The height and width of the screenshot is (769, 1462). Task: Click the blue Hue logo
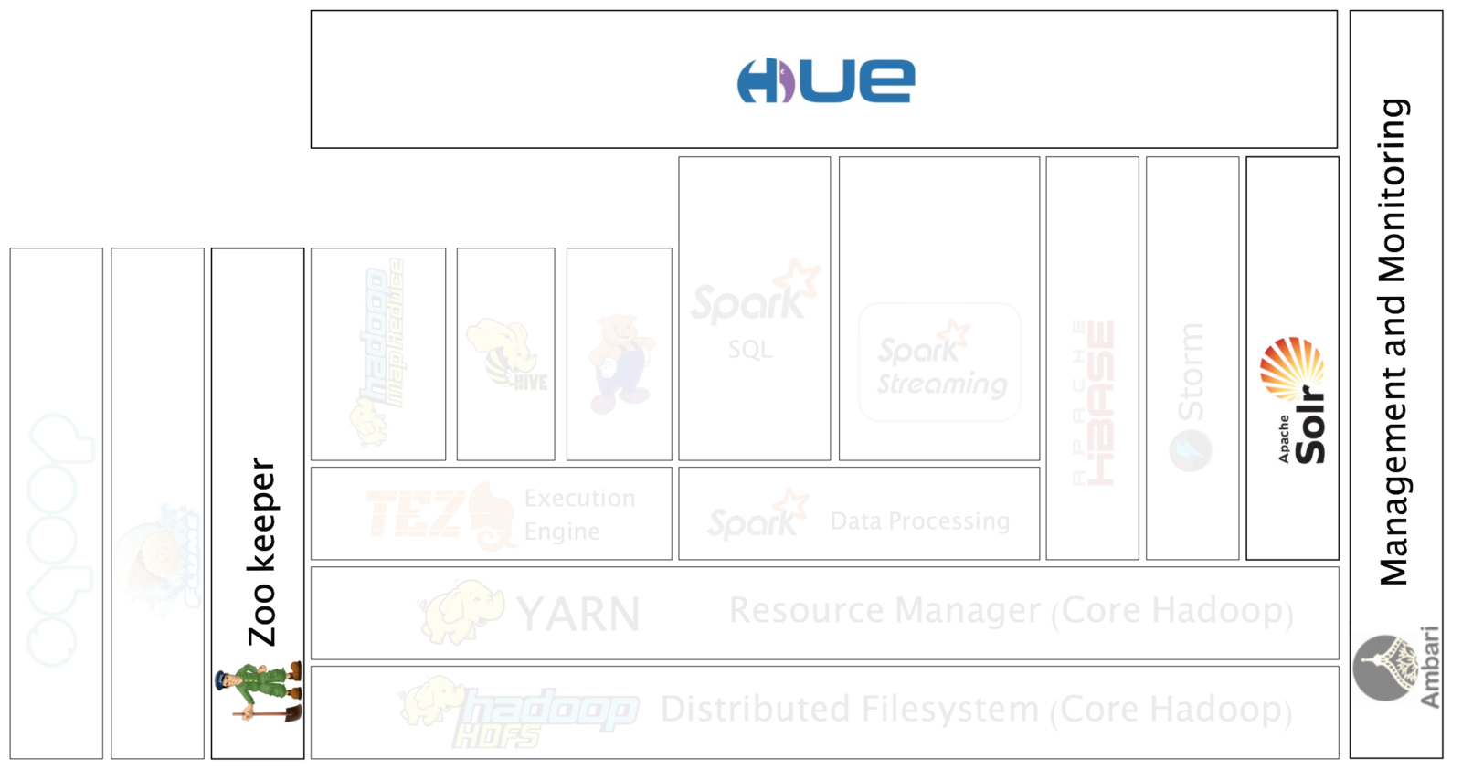825,80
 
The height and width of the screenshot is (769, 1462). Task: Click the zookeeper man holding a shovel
259,690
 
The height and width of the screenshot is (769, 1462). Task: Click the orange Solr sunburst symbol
1290,367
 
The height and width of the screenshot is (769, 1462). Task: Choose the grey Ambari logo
1395,669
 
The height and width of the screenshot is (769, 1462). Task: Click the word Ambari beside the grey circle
1430,669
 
